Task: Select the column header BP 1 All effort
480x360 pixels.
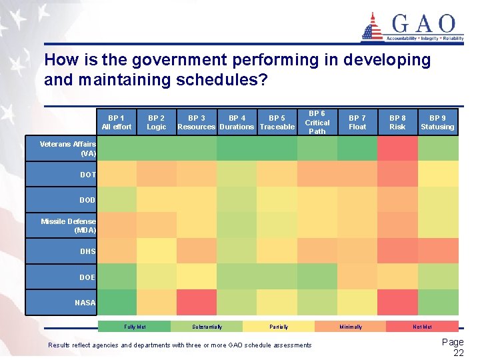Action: pyautogui.click(x=117, y=122)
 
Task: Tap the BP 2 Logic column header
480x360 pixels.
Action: pyautogui.click(x=157, y=122)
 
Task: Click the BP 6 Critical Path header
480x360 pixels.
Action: pyautogui.click(x=317, y=122)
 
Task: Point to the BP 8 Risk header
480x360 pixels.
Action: pyautogui.click(x=397, y=122)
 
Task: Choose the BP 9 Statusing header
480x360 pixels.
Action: pyautogui.click(x=437, y=122)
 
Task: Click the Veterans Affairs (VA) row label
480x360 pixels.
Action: pyautogui.click(x=69, y=148)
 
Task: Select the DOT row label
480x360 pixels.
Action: pyautogui.click(x=88, y=175)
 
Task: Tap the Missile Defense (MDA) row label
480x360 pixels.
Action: pyautogui.click(x=69, y=225)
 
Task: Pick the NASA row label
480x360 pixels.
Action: pyautogui.click(x=85, y=303)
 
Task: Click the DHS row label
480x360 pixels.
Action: pyautogui.click(x=88, y=251)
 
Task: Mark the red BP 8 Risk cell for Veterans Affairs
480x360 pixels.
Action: pyautogui.click(x=397, y=148)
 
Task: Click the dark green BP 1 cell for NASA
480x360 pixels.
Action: pyautogui.click(x=117, y=302)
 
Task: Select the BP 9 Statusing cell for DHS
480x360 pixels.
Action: pyautogui.click(x=438, y=251)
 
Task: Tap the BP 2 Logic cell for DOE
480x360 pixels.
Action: pyautogui.click(x=157, y=276)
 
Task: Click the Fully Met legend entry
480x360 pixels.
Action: pyautogui.click(x=135, y=327)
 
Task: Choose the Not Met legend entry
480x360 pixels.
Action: pyautogui.click(x=422, y=327)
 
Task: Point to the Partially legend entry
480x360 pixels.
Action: pyautogui.click(x=279, y=327)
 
